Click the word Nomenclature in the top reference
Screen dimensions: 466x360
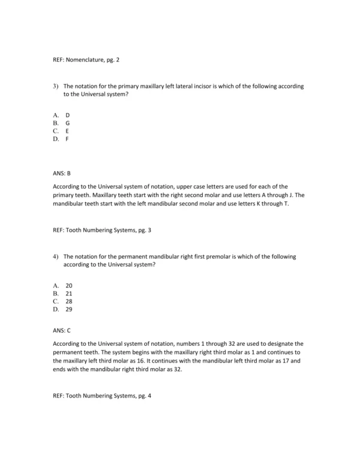pos(88,59)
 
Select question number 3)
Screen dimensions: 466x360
pos(56,86)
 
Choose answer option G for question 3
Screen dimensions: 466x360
pos(68,122)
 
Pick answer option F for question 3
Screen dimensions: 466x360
pos(68,139)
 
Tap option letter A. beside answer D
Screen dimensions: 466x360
pos(55,113)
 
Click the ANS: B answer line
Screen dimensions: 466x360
pos(62,172)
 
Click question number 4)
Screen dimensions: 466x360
pos(56,256)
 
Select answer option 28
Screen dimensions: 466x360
pos(69,301)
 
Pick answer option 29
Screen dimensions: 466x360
pos(69,309)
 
